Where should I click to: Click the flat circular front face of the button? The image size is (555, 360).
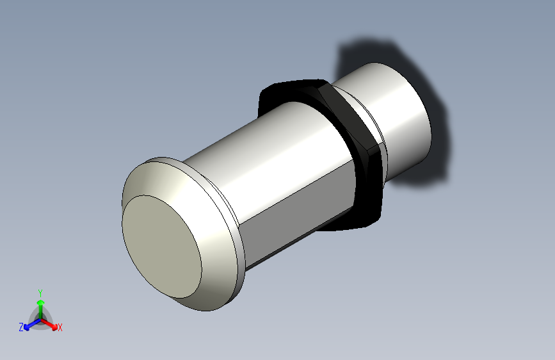click(162, 247)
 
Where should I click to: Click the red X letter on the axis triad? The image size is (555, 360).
click(60, 328)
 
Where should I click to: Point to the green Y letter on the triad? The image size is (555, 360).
click(40, 291)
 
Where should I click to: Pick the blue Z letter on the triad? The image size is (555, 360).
click(21, 327)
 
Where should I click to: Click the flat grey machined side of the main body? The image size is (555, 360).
click(301, 211)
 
